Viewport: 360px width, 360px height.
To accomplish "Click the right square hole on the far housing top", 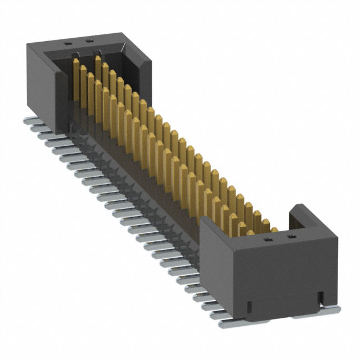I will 88,40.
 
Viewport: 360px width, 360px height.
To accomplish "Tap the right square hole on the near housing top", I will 291,239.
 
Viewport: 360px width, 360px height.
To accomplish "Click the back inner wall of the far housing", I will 112,58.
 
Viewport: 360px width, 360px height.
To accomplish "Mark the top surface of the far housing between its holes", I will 78,41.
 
